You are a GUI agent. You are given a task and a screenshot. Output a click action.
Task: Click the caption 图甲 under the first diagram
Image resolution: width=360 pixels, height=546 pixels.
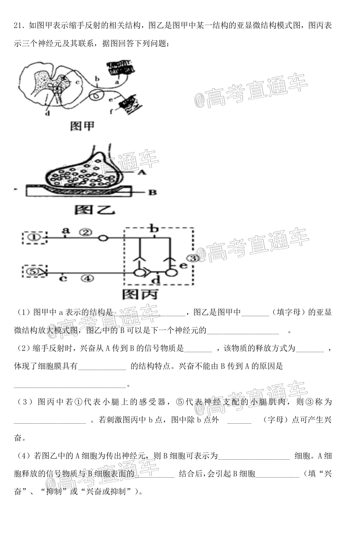82,126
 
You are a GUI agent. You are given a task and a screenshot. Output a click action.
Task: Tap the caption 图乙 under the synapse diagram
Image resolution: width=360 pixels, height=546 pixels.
95,210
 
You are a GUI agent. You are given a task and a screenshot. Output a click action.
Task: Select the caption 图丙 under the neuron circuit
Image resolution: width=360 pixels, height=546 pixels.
140,294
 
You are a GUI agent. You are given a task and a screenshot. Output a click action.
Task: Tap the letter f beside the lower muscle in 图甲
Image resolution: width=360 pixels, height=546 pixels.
111,111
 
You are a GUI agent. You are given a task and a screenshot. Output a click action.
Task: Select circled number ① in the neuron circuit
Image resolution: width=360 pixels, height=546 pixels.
35,238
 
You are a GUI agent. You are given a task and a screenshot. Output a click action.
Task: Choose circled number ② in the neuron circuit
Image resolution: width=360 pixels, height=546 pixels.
85,232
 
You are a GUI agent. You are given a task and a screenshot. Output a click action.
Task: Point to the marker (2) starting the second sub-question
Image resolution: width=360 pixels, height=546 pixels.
23,348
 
